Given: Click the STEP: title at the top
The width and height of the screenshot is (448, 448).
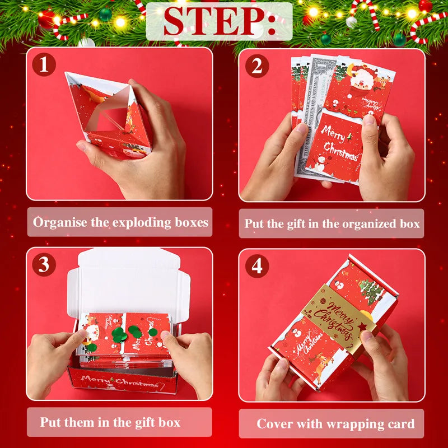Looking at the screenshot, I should pyautogui.click(x=220, y=21).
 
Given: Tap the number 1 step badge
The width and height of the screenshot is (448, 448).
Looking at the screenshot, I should pyautogui.click(x=44, y=66).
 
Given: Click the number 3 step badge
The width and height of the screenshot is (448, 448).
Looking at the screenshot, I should pyautogui.click(x=44, y=265).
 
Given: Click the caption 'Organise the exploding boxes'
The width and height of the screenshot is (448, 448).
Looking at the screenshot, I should pyautogui.click(x=120, y=222).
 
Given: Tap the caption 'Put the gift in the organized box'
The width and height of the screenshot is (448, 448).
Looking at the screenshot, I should pyautogui.click(x=332, y=223).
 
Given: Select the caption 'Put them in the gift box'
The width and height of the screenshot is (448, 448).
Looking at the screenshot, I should pyautogui.click(x=110, y=422).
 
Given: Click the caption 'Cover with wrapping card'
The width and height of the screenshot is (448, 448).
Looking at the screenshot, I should pyautogui.click(x=335, y=423).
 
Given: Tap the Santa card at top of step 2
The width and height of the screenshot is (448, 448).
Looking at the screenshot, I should pyautogui.click(x=358, y=87).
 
